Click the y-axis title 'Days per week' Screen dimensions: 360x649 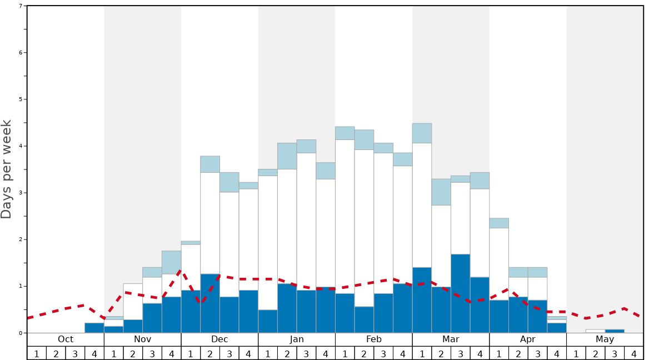click(x=7, y=169)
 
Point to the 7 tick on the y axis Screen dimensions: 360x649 click(x=21, y=6)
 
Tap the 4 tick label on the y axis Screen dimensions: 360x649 click(x=21, y=146)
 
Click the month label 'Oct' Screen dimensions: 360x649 click(x=66, y=339)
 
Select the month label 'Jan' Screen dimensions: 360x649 click(x=297, y=339)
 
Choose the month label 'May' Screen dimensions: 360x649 click(x=605, y=339)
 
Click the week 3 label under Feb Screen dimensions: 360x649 click(x=383, y=353)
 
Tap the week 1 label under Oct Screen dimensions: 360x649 click(x=37, y=353)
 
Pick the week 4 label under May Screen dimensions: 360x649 click(x=634, y=353)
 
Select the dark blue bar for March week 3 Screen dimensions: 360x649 click(x=461, y=293)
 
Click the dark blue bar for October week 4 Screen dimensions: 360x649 click(x=94, y=328)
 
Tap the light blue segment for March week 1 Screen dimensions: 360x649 click(x=422, y=133)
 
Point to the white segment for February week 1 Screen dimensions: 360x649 click(x=345, y=217)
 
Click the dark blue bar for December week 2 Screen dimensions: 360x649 click(x=210, y=303)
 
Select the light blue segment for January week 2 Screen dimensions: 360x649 click(x=287, y=156)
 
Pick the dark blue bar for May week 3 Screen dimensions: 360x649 click(x=615, y=331)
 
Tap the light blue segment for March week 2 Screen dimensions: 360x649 click(x=441, y=192)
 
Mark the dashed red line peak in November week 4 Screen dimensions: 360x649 click(x=180, y=271)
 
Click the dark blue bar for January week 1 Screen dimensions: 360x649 click(x=268, y=321)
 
